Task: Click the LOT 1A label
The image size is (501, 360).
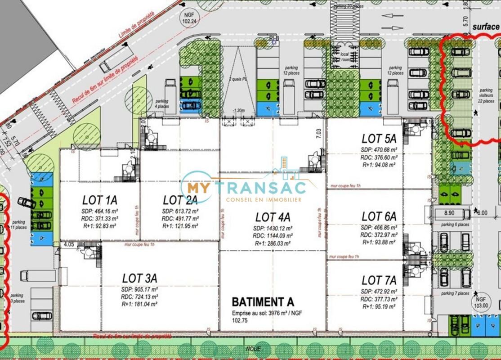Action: tap(99, 200)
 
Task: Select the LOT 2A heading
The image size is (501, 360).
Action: tap(180, 200)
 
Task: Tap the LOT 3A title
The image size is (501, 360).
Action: tap(139, 278)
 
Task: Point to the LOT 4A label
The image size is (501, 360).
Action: tap(273, 217)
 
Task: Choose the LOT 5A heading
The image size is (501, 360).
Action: tap(379, 139)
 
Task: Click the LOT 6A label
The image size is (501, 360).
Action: tap(379, 217)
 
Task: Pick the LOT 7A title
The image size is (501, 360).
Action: tap(379, 281)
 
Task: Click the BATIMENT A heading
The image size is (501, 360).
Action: tap(260, 301)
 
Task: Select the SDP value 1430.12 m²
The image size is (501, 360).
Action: tap(273, 228)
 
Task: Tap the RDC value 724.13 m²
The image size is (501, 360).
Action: tap(139, 297)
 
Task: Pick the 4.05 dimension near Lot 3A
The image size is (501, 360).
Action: tap(69, 245)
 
